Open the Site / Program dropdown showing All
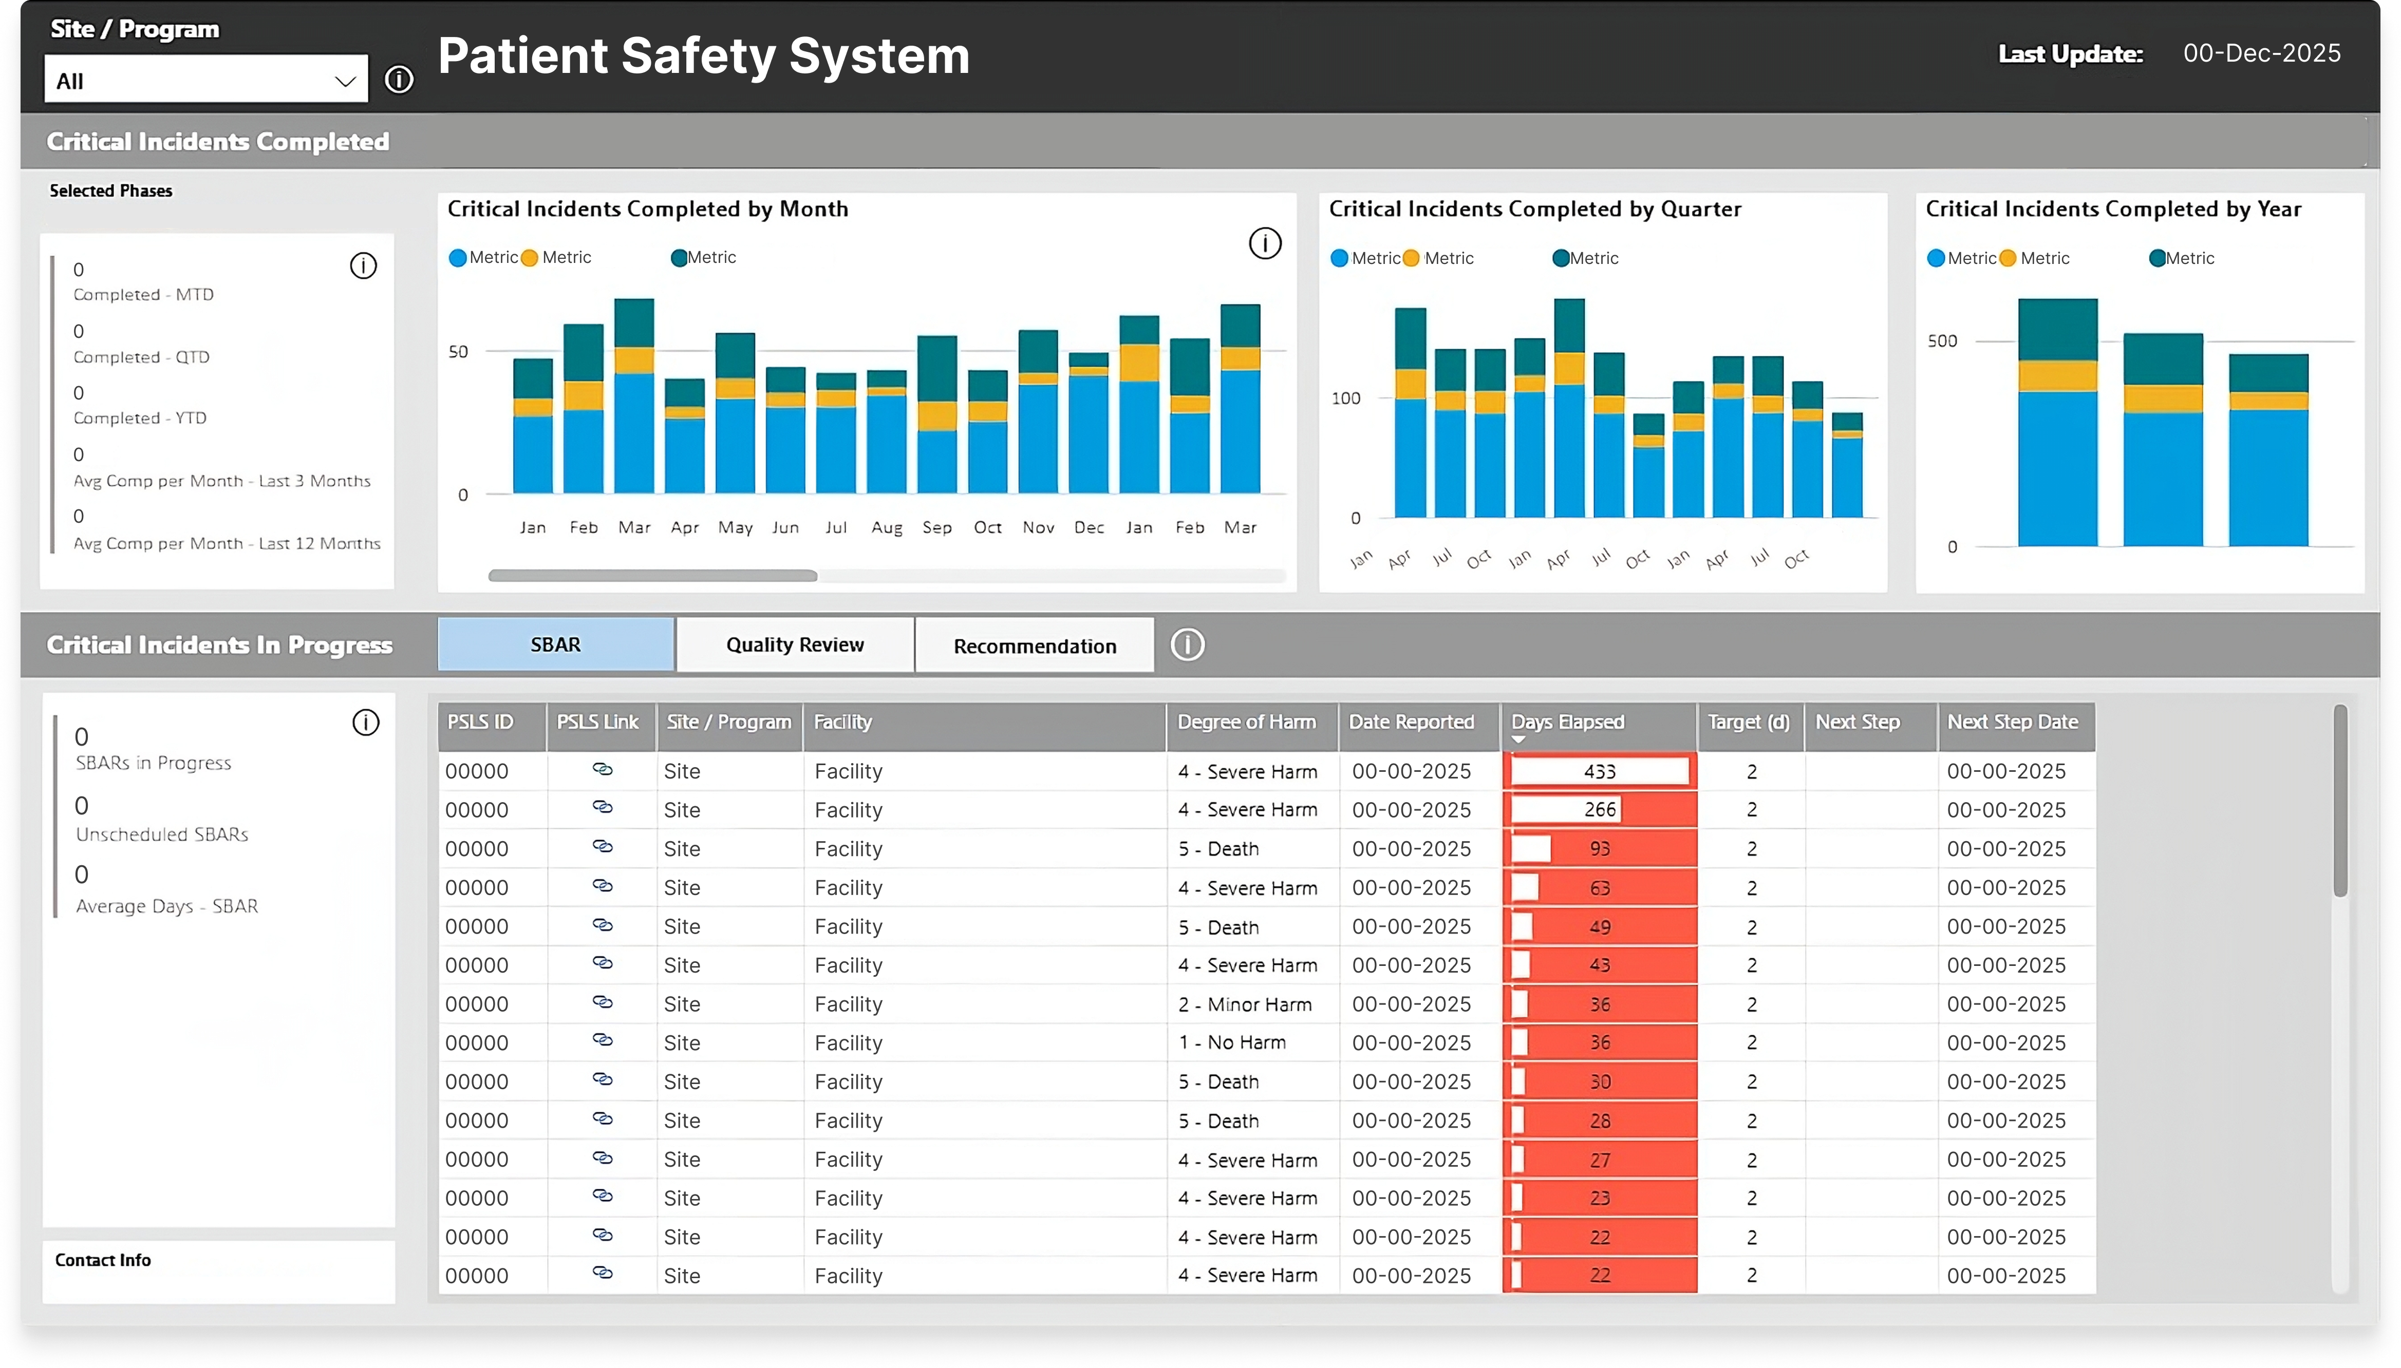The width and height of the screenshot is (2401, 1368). pyautogui.click(x=205, y=81)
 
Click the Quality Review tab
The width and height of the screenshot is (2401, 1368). pyautogui.click(x=794, y=644)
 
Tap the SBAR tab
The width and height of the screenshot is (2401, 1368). pyautogui.click(x=555, y=644)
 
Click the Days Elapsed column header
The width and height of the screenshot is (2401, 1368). pyautogui.click(x=1567, y=721)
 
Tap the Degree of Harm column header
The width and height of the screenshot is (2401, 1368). pyautogui.click(x=1246, y=721)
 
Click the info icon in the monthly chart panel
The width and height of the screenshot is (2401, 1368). pyautogui.click(x=1264, y=243)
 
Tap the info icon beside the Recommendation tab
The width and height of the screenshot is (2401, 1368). pyautogui.click(x=1187, y=644)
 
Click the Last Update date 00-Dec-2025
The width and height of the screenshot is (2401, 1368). pyautogui.click(x=2261, y=53)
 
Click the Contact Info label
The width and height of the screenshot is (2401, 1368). pyautogui.click(x=102, y=1260)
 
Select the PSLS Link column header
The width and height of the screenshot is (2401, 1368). pyautogui.click(x=597, y=721)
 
